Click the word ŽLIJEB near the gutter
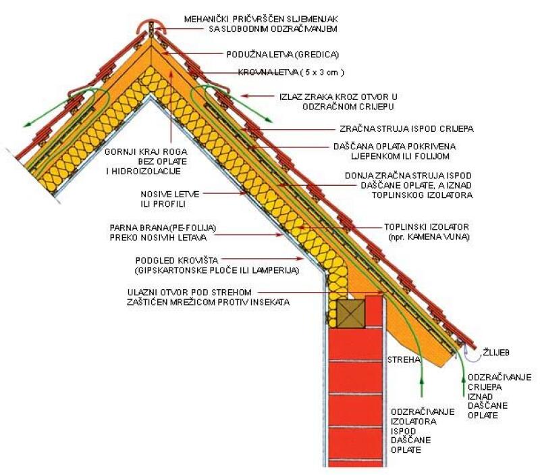(496, 353)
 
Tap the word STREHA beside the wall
(404, 360)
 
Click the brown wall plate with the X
(350, 314)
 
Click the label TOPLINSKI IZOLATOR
(427, 227)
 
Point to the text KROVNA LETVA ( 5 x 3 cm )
(291, 72)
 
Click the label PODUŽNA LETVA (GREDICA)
(282, 55)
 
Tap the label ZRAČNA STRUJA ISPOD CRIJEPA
(406, 128)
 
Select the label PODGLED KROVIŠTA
(177, 260)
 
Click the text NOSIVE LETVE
(170, 194)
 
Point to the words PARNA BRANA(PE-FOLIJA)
(163, 228)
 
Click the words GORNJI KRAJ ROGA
(146, 151)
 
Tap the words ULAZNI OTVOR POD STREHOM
(190, 293)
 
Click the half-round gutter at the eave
(472, 354)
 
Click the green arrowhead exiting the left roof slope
(26, 125)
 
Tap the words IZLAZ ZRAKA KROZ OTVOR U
(338, 97)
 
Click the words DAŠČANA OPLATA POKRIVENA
(394, 147)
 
